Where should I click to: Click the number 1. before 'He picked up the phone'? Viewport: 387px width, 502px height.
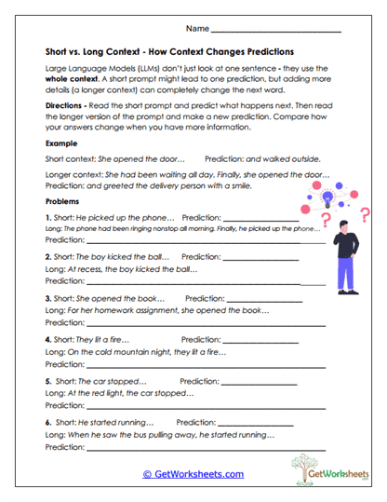(49, 217)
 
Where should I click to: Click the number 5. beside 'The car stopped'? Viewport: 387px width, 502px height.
(49, 382)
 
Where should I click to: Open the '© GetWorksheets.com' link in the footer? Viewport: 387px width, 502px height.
(193, 474)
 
